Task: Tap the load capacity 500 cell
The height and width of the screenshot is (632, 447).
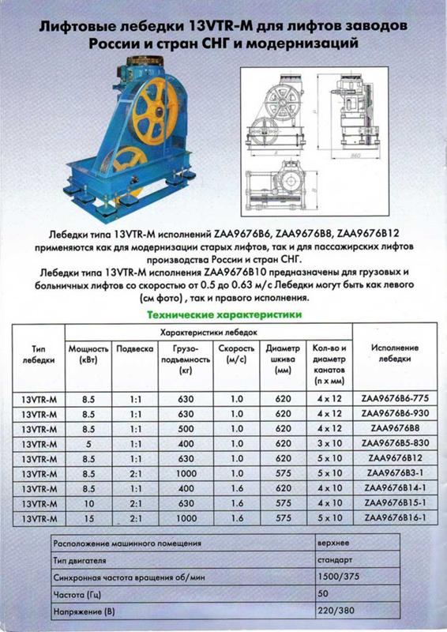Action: click(x=186, y=428)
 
